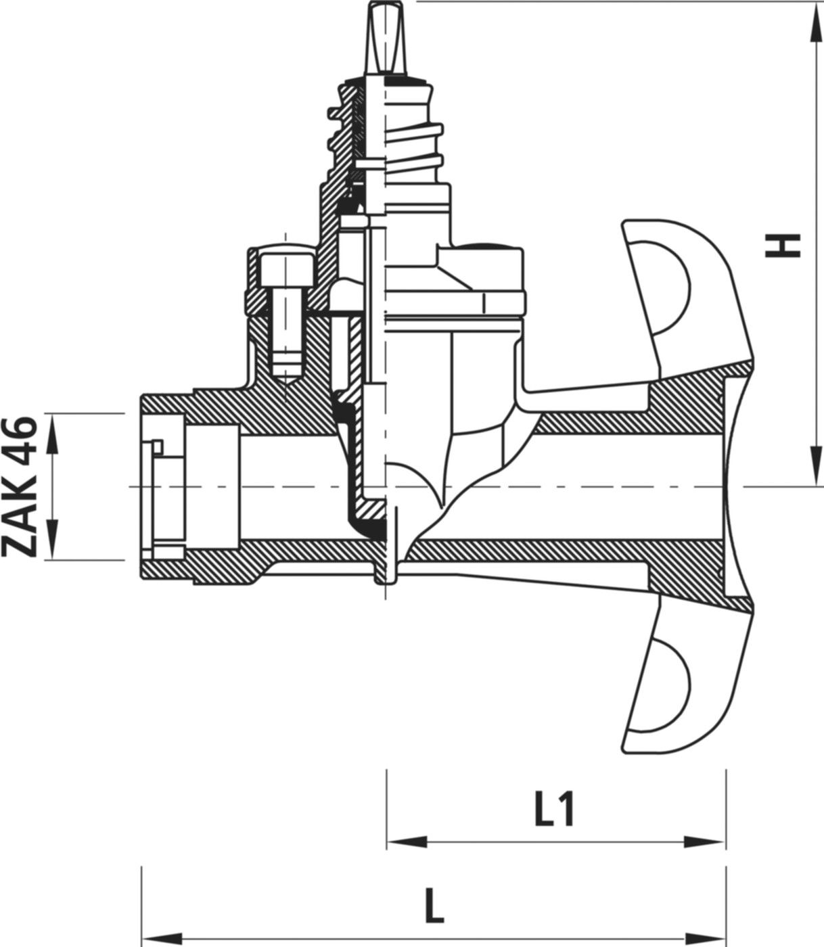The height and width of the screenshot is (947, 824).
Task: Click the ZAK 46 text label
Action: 20,486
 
